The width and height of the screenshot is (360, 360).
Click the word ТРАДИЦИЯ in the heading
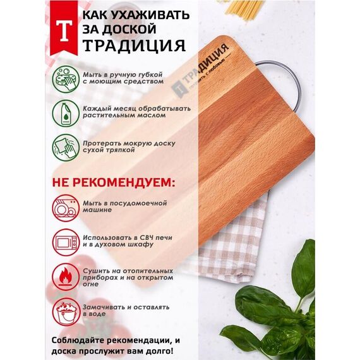134,45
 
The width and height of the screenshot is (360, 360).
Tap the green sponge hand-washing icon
66,79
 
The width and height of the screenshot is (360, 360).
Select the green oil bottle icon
66,113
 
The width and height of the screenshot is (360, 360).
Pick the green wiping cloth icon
66,147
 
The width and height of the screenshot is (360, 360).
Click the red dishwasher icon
66,208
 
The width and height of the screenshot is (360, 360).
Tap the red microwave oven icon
66,243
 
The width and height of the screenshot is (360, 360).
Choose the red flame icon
66,277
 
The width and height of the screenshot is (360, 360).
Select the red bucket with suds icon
66,311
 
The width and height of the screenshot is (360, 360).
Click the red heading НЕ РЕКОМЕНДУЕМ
114,183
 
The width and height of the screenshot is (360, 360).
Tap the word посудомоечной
138,203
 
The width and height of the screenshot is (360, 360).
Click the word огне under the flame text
91,284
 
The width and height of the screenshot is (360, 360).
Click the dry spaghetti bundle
246,9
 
